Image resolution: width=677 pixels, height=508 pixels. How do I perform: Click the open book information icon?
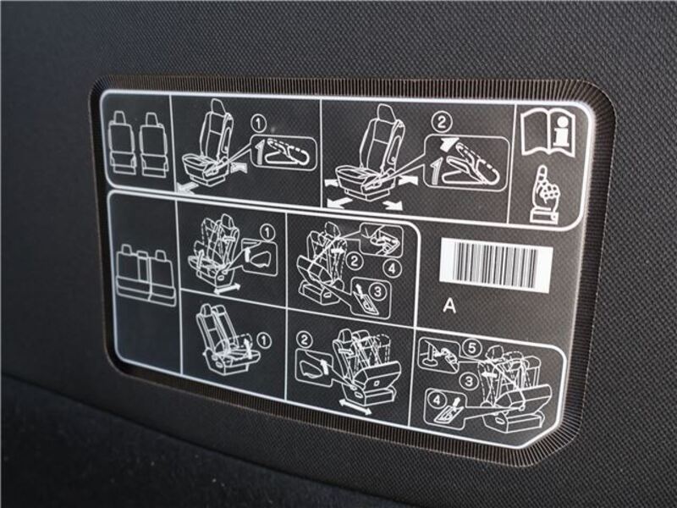[548, 132]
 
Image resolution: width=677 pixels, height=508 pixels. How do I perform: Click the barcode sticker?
[496, 264]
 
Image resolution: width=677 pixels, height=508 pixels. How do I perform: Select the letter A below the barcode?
[449, 306]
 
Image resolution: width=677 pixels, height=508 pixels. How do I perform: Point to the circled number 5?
[472, 348]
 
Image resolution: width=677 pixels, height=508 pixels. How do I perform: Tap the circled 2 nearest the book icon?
[441, 122]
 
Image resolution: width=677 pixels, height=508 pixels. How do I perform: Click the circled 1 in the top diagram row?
[259, 124]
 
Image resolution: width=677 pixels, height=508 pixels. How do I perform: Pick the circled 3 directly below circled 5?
[469, 381]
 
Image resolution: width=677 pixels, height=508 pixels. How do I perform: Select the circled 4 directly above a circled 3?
[392, 268]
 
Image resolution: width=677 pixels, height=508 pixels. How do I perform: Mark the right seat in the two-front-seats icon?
[153, 145]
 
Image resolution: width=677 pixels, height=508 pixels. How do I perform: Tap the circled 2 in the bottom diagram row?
[305, 340]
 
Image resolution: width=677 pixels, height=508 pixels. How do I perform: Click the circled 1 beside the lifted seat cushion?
[264, 341]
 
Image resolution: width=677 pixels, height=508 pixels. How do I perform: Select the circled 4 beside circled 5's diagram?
[437, 400]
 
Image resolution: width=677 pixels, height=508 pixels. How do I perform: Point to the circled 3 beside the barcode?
[377, 291]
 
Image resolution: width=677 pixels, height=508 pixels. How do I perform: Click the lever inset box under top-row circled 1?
[283, 152]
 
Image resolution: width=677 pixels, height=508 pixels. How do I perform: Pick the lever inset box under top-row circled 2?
[466, 163]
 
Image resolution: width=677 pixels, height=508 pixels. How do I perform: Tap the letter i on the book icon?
[561, 131]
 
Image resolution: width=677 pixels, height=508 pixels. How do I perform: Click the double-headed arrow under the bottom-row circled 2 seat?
[355, 408]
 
